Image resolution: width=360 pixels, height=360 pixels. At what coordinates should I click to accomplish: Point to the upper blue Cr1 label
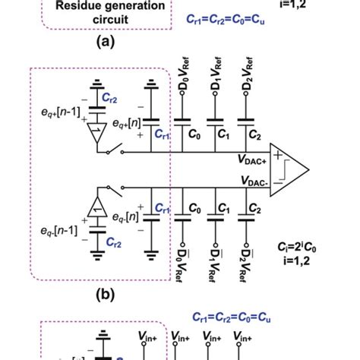(x=162, y=132)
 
